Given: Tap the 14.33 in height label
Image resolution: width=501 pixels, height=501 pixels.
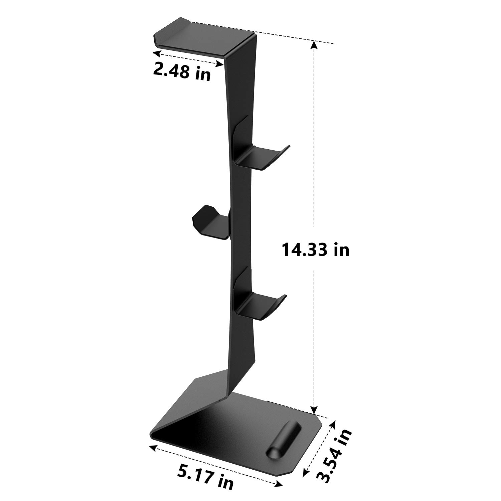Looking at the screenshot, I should (316, 249).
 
